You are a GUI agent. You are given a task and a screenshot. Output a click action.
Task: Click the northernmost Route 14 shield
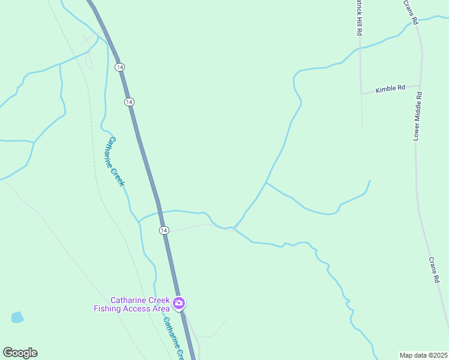[121, 67]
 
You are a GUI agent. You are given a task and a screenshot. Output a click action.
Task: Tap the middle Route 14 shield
[129, 102]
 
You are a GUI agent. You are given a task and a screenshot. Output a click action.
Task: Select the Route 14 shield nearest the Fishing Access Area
[164, 230]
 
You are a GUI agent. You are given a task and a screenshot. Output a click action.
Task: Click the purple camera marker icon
[178, 304]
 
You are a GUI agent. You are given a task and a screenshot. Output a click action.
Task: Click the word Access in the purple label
[137, 309]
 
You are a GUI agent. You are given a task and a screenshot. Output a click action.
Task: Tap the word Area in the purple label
[160, 309]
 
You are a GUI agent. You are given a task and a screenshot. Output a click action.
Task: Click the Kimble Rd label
[390, 89]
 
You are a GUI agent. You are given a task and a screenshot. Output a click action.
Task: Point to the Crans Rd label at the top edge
[410, 12]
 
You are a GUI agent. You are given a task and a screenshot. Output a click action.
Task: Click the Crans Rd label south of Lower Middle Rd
[434, 270]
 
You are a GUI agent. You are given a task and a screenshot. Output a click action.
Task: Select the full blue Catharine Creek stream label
[116, 161]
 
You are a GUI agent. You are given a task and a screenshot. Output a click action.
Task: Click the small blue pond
[17, 317]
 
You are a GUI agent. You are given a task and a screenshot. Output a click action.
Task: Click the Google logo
[20, 353]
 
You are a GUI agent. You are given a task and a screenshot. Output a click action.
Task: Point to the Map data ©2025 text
[424, 355]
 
